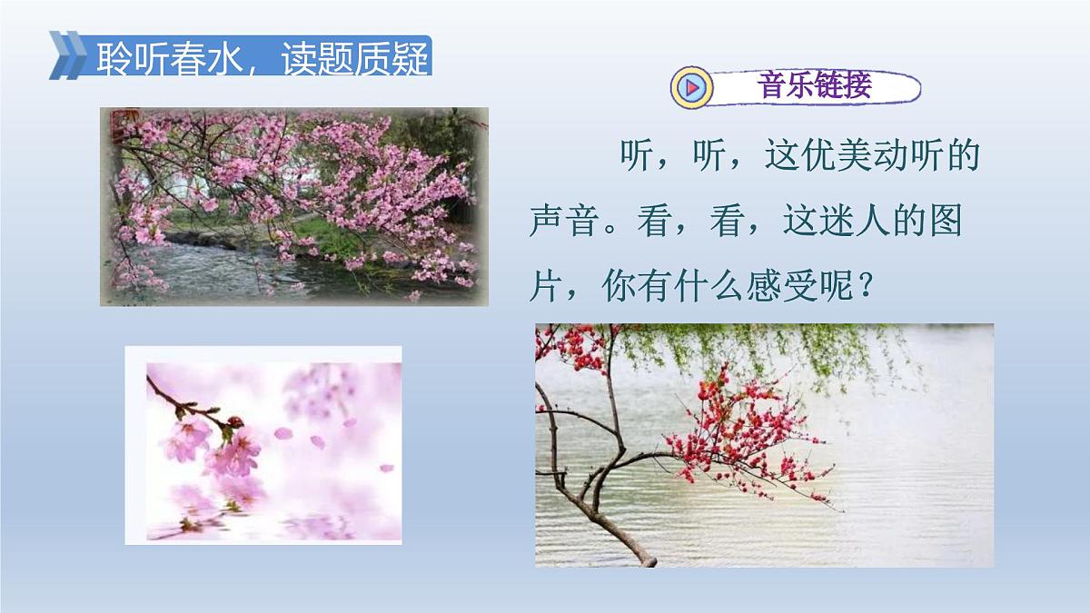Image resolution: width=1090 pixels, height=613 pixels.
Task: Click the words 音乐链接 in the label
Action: click(813, 85)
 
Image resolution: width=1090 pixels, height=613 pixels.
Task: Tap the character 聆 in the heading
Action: click(114, 59)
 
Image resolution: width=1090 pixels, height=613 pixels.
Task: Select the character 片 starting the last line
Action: click(547, 289)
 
